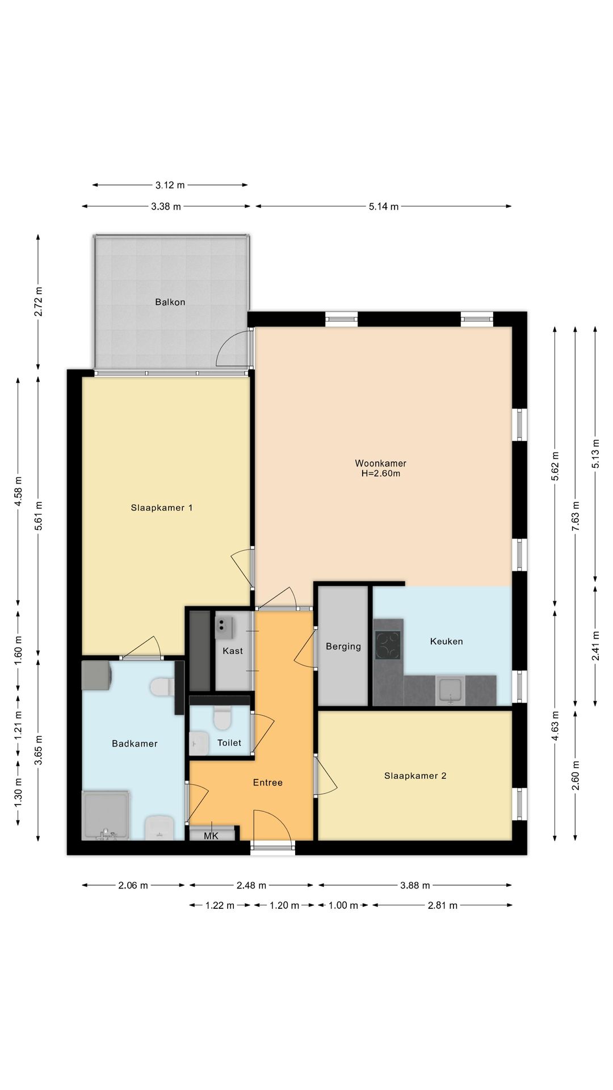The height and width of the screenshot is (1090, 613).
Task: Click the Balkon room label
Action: [x=170, y=302]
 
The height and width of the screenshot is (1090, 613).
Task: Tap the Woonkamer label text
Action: [x=381, y=463]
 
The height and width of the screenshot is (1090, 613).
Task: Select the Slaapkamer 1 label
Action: [x=162, y=508]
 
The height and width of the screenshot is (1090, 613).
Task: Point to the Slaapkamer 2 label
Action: [x=415, y=775]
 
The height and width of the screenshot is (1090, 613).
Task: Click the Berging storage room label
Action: [x=343, y=646]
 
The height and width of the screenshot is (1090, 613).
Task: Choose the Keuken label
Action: [x=447, y=642]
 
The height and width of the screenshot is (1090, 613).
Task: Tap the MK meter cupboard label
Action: [x=211, y=836]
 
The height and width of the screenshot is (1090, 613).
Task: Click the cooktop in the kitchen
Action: [x=388, y=645]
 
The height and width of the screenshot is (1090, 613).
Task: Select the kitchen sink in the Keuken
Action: [x=451, y=690]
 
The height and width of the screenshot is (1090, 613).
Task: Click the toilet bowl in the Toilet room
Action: [x=222, y=718]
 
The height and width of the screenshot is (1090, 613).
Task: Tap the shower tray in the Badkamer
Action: [x=107, y=815]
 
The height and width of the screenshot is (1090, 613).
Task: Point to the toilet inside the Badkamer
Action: [x=163, y=687]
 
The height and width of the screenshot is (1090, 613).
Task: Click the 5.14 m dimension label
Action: [x=384, y=207]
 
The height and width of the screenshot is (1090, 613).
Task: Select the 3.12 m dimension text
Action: [x=170, y=185]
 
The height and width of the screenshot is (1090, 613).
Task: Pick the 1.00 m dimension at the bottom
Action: [x=343, y=905]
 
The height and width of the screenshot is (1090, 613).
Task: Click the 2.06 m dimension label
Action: [x=133, y=885]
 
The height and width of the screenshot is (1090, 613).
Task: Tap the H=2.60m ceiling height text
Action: [x=381, y=473]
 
